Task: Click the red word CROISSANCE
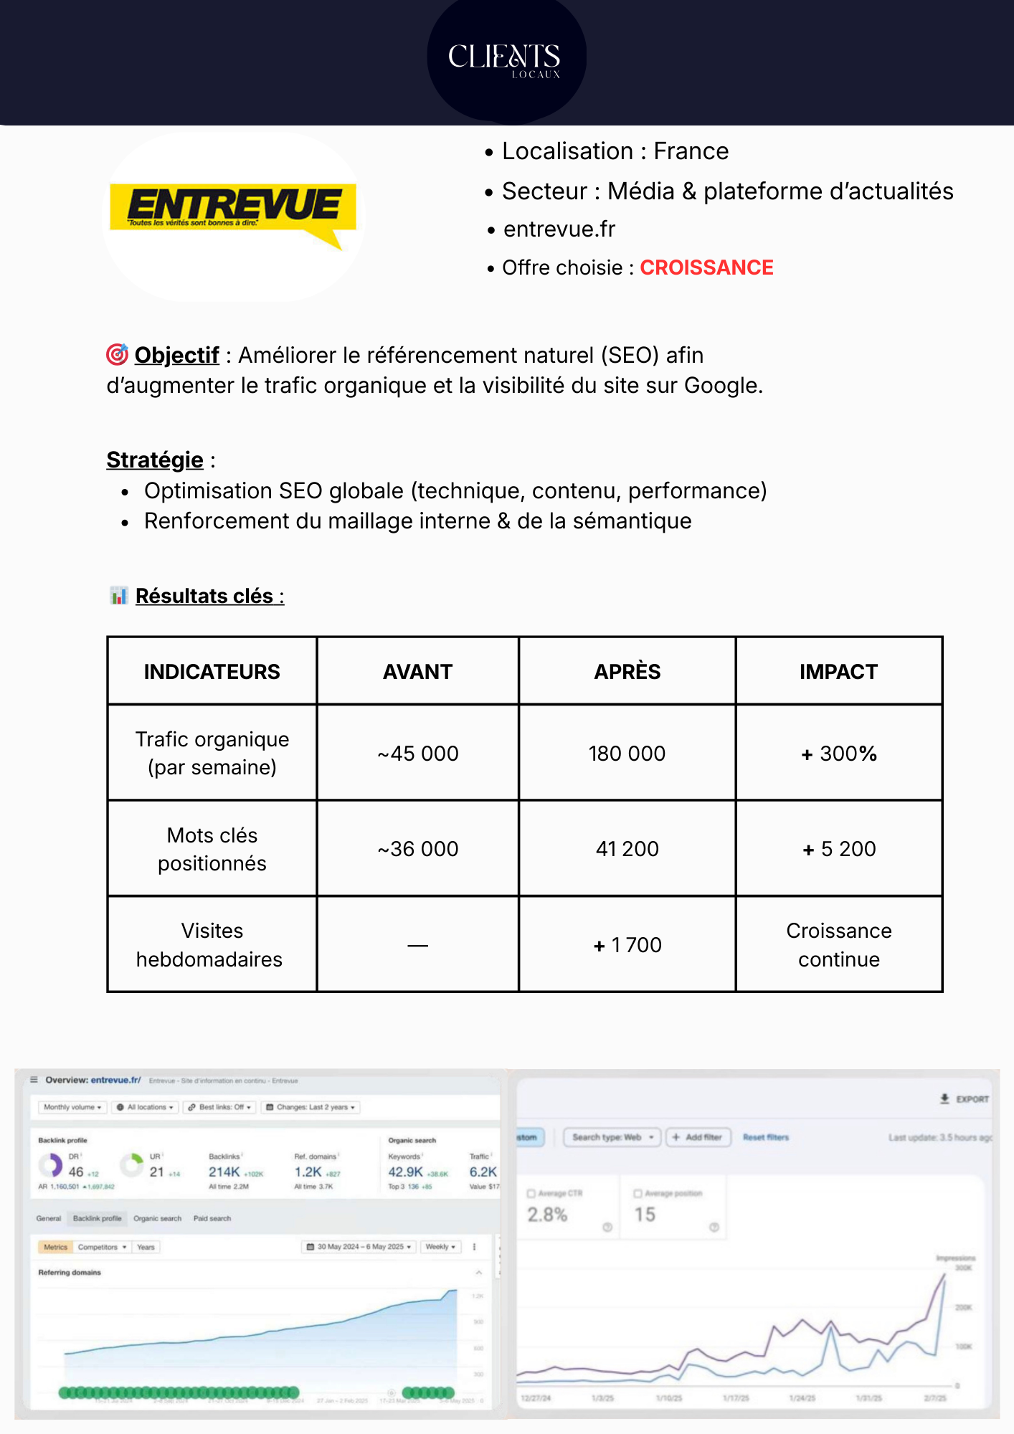tap(706, 268)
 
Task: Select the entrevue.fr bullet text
tap(559, 229)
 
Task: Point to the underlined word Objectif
tap(176, 356)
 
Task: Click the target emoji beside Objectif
tap(117, 354)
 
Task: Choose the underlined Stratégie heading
tap(155, 460)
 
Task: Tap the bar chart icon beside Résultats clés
tap(118, 596)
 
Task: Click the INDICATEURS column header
tap(212, 672)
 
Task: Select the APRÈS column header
tap(627, 672)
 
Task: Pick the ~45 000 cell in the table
tap(418, 754)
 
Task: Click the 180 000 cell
tap(627, 754)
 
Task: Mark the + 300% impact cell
tap(839, 754)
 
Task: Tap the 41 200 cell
tap(627, 849)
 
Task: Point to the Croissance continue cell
tap(839, 945)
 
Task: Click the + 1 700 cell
tap(627, 945)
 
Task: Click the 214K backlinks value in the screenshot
tap(224, 1172)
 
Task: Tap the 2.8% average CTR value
tap(547, 1215)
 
